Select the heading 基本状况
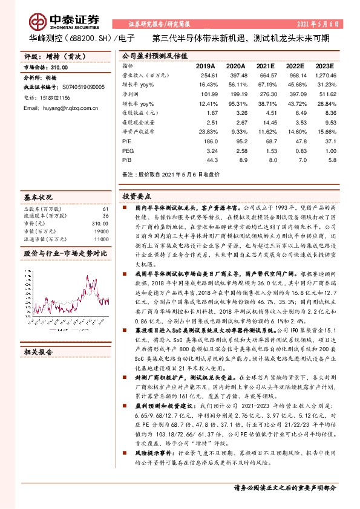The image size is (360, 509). pos(38,196)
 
